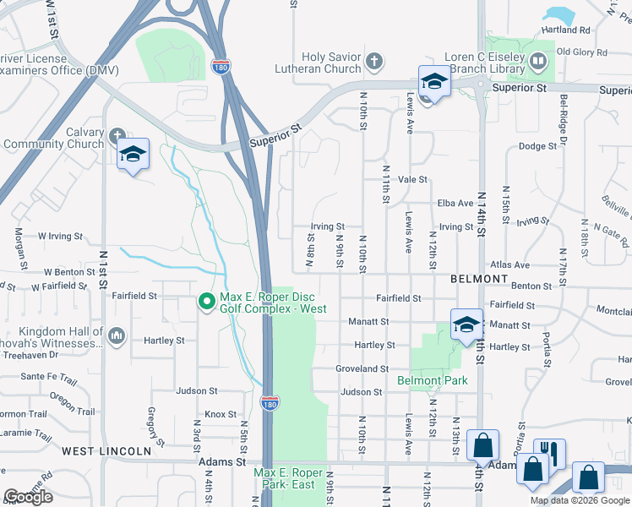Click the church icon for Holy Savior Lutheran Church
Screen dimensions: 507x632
[x=375, y=61]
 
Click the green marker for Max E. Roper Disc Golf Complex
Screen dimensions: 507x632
[x=206, y=301]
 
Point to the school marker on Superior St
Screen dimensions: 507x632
[x=434, y=81]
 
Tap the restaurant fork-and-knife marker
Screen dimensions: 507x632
[x=549, y=452]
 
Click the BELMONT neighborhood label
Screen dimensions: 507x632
[x=479, y=278]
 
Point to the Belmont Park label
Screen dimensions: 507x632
[x=432, y=380]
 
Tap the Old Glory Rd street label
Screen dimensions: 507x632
[x=581, y=52]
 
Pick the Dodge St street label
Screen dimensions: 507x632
[x=537, y=146]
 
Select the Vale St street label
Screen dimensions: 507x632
[x=413, y=180]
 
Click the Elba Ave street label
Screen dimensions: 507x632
[x=455, y=204]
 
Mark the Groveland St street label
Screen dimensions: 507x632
[x=362, y=369]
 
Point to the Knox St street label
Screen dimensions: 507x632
[x=220, y=414]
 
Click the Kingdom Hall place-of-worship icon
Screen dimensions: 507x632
[x=117, y=338]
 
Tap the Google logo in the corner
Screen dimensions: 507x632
[x=28, y=497]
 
